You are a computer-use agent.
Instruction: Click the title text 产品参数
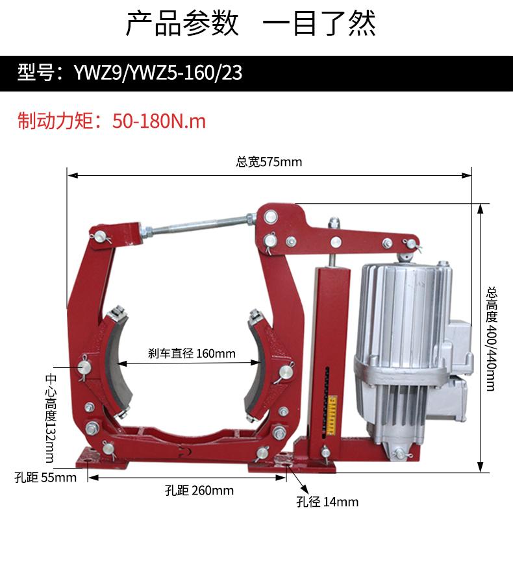pyautogui.click(x=182, y=24)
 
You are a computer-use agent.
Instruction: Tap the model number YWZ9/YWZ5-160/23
pyautogui.click(x=158, y=73)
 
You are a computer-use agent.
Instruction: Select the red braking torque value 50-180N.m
pyautogui.click(x=158, y=121)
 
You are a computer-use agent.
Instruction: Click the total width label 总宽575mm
pyautogui.click(x=269, y=162)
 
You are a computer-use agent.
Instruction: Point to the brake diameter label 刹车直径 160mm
pyautogui.click(x=192, y=353)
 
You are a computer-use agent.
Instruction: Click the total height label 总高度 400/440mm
pyautogui.click(x=492, y=339)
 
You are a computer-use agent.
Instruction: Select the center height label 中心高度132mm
pyautogui.click(x=51, y=418)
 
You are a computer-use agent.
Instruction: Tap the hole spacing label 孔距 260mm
pyautogui.click(x=199, y=490)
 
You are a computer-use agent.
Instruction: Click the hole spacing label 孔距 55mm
pyautogui.click(x=45, y=478)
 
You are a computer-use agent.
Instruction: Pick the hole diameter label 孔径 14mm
pyautogui.click(x=327, y=502)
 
